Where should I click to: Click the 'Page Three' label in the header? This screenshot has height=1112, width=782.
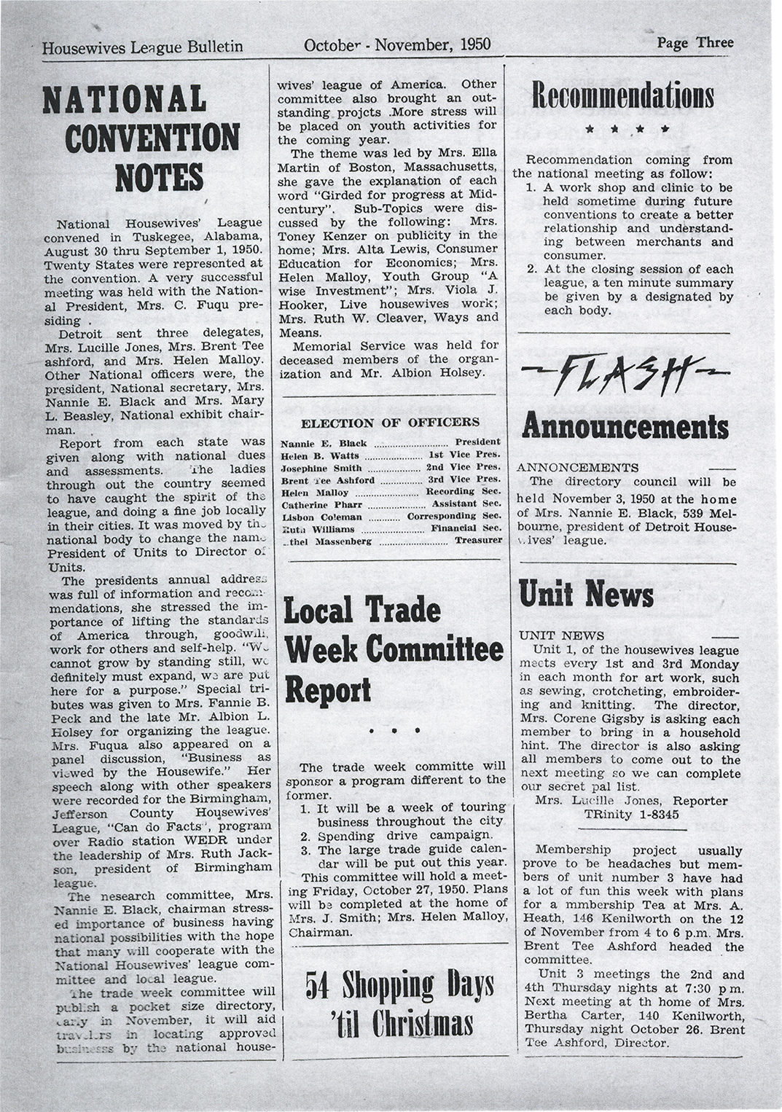point(695,42)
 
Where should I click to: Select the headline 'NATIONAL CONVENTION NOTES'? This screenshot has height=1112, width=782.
point(141,137)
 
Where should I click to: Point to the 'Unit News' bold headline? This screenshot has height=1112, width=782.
point(586,593)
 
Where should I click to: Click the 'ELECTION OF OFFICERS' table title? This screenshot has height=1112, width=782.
point(391,422)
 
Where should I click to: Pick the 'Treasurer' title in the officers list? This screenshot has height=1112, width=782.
point(477,541)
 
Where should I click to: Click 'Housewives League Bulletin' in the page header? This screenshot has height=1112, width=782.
point(143,47)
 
